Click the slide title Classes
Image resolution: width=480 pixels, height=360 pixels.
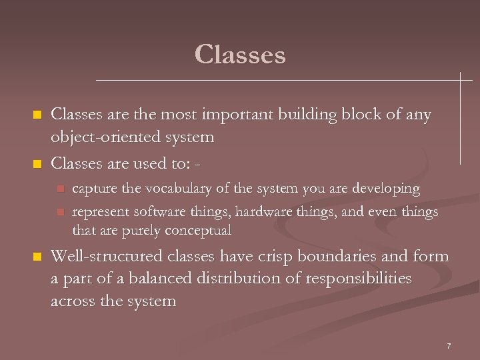pyautogui.click(x=240, y=55)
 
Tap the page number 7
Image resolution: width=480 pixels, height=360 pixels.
pyautogui.click(x=449, y=345)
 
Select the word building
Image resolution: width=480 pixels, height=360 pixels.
pyautogui.click(x=293, y=115)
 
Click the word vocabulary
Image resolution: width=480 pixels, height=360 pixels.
pyautogui.click(x=164, y=189)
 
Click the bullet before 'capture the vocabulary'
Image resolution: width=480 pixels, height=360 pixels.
pyautogui.click(x=59, y=189)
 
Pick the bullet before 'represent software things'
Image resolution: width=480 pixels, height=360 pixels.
pyautogui.click(x=59, y=213)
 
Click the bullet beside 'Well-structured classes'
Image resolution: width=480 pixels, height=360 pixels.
pyautogui.click(x=38, y=257)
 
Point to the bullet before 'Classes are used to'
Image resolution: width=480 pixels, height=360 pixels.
pyautogui.click(x=38, y=163)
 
